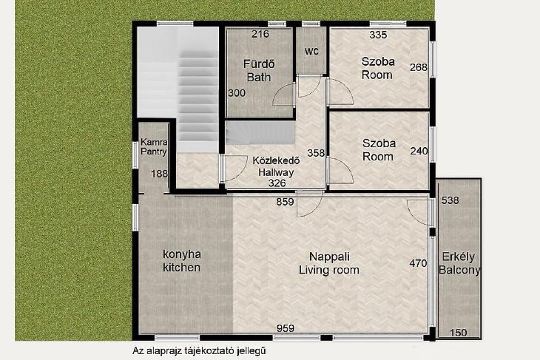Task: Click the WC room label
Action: (312, 51)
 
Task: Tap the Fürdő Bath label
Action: (259, 71)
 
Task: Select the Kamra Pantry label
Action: (154, 147)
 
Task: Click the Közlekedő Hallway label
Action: (276, 166)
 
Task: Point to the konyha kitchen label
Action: (181, 261)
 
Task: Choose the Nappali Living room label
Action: (329, 264)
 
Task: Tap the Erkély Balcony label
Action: (459, 264)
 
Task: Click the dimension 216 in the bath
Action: (260, 34)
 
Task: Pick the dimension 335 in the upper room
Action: (378, 35)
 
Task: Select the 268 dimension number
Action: (418, 67)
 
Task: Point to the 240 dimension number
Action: (419, 151)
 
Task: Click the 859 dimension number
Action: (285, 202)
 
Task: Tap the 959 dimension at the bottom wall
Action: (285, 328)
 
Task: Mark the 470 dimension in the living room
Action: (418, 264)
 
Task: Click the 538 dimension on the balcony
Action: (450, 200)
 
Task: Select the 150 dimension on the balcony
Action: (458, 333)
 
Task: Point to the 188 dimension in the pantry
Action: (159, 174)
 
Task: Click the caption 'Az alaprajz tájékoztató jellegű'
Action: (199, 351)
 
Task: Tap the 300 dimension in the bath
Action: (237, 93)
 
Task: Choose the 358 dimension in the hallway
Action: (316, 153)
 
